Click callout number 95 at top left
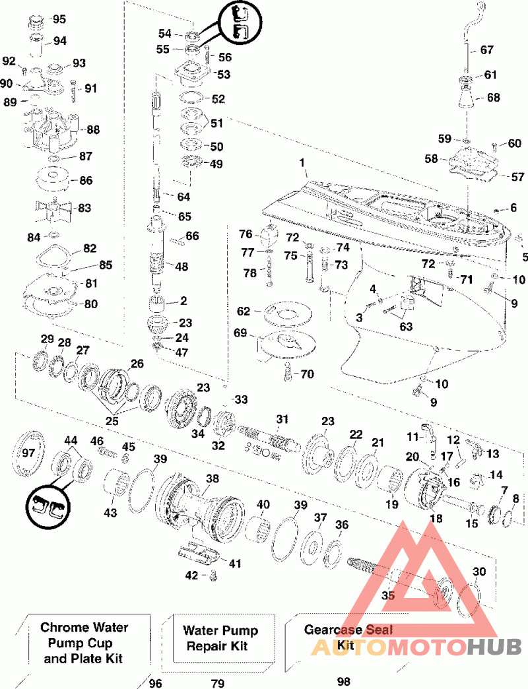(x=59, y=19)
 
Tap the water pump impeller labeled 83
(x=49, y=208)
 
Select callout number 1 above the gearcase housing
(x=302, y=162)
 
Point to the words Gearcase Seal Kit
(x=348, y=637)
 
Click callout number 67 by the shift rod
(x=486, y=49)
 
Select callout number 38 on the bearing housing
(x=212, y=478)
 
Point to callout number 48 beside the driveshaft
(x=181, y=266)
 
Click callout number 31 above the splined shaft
(x=282, y=419)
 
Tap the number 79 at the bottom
(x=218, y=683)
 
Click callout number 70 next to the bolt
(x=307, y=374)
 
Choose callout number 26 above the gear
(x=137, y=364)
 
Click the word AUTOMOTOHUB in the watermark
(x=416, y=646)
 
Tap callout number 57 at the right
(x=517, y=177)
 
